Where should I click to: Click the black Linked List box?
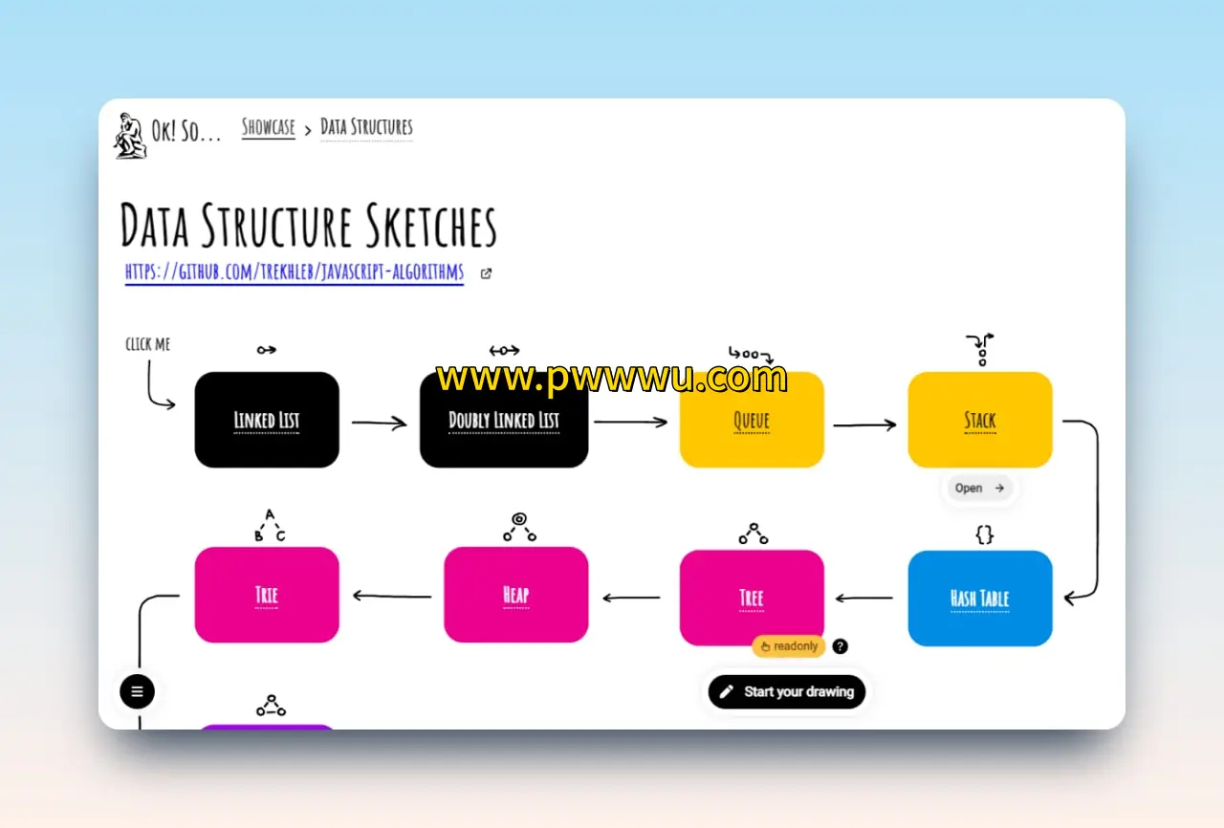coord(267,420)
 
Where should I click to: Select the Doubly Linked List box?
coord(504,420)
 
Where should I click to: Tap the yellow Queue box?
coord(752,420)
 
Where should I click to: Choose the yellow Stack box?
coord(980,420)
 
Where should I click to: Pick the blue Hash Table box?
coord(980,599)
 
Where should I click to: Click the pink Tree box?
coord(752,599)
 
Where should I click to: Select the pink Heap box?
coord(515,595)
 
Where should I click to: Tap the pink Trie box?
coord(267,595)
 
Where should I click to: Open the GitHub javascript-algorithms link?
coord(295,272)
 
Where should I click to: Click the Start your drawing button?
coord(787,691)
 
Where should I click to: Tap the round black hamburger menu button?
coord(137,691)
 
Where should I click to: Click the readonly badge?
coord(789,646)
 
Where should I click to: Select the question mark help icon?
coord(841,646)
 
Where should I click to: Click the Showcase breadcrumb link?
coord(269,127)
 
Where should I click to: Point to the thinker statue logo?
coord(130,135)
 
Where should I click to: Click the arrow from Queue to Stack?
coord(864,425)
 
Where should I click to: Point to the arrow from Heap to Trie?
coord(391,596)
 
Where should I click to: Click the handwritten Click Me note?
coord(148,344)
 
